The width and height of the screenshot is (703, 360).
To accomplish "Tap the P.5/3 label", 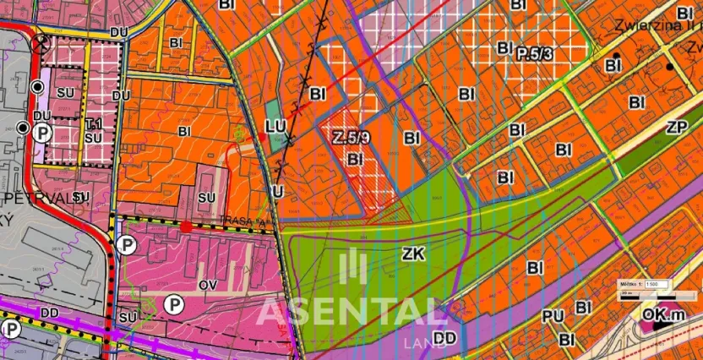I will (535, 52).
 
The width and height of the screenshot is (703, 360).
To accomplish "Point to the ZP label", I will (675, 128).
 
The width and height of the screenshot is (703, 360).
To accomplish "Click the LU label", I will (275, 126).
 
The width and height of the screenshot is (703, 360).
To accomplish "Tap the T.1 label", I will (93, 123).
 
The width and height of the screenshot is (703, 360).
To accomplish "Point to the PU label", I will (553, 316).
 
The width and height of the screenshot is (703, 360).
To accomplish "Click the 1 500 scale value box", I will (656, 284).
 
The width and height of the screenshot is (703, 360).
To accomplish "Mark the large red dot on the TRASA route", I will (185, 226).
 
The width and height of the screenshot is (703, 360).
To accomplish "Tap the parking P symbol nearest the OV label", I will (174, 303).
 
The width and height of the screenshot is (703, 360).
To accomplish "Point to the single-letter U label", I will (276, 192).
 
